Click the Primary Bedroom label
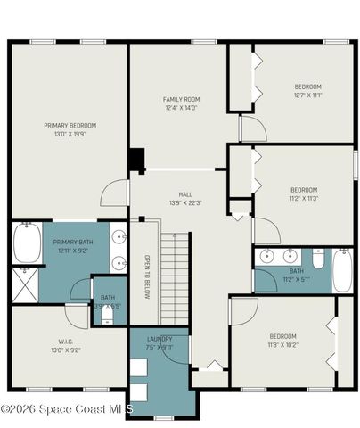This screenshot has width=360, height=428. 70,125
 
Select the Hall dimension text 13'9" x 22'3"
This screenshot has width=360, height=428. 184,202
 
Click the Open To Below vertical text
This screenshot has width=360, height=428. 148,277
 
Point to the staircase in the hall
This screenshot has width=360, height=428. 176,277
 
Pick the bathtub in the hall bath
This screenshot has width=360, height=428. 343,270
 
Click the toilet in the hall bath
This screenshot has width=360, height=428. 318,258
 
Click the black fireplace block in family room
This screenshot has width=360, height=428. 135,160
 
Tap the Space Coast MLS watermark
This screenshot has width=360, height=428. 66,408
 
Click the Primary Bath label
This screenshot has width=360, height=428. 72,242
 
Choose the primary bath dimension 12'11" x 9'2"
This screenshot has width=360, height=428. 72,251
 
